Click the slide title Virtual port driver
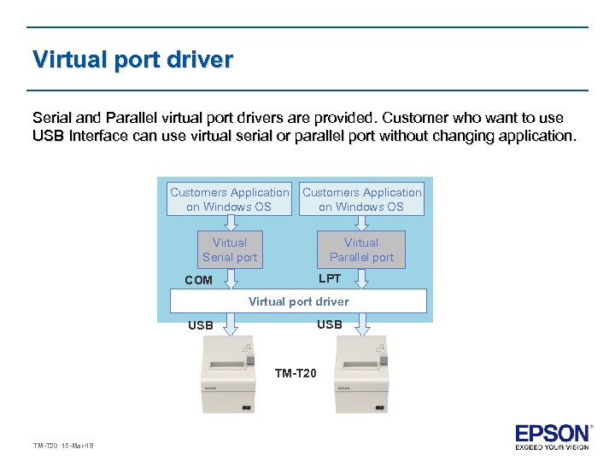[x=132, y=61]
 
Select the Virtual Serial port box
[x=229, y=249]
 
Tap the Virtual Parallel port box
[x=361, y=249]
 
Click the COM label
[x=198, y=280]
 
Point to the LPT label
[x=330, y=278]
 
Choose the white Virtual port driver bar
[x=298, y=301]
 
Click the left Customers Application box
[x=229, y=199]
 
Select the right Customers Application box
[x=361, y=199]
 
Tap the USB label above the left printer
[x=201, y=325]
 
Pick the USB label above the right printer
[x=329, y=324]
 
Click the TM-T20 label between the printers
[x=296, y=373]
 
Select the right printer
[x=361, y=376]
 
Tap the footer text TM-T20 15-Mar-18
[x=63, y=446]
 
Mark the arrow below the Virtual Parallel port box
[x=361, y=277]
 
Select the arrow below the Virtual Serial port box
[x=229, y=277]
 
